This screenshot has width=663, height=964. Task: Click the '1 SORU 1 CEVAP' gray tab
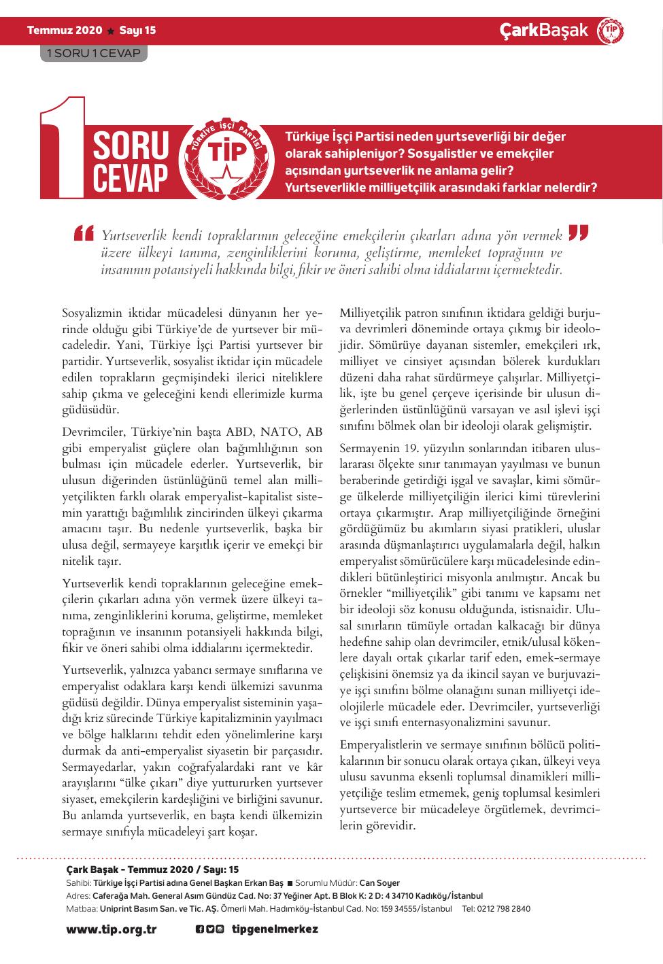point(93,53)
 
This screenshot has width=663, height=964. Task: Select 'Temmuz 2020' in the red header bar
point(64,30)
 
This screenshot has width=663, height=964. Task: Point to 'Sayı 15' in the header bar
point(137,30)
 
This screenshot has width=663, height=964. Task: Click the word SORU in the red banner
point(130,145)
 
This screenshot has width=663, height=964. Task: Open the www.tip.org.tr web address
point(111,929)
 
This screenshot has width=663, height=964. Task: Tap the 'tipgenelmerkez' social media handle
point(275,929)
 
